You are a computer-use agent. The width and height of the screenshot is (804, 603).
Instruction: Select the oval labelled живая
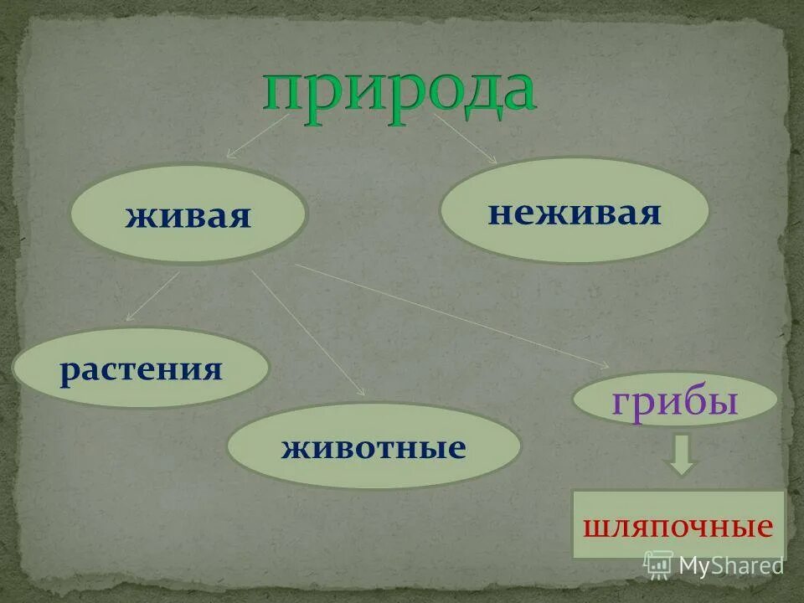(188, 214)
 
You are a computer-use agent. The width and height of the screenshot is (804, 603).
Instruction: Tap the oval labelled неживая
(575, 210)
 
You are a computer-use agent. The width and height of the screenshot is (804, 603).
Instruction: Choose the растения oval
(141, 368)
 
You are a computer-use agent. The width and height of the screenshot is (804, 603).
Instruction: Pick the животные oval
(374, 446)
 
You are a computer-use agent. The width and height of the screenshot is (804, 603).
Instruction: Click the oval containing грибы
(674, 400)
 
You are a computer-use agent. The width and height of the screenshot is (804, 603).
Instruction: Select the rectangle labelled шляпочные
(678, 525)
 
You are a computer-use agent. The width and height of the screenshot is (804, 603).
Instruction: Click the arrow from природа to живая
(258, 137)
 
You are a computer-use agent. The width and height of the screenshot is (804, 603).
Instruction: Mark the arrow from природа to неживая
(465, 138)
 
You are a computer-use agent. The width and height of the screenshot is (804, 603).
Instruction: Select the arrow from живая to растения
(153, 296)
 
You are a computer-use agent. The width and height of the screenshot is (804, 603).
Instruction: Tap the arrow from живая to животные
(307, 332)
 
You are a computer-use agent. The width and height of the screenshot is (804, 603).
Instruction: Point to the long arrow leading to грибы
(452, 316)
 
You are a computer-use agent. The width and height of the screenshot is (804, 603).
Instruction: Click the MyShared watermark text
(730, 565)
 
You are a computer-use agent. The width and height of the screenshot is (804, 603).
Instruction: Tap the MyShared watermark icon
(658, 565)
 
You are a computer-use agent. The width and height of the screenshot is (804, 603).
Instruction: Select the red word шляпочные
(678, 528)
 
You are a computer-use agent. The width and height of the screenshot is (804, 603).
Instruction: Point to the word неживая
(575, 212)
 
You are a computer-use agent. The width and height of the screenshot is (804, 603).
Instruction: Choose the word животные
(374, 448)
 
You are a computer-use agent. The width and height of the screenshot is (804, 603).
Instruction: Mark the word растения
(141, 370)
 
